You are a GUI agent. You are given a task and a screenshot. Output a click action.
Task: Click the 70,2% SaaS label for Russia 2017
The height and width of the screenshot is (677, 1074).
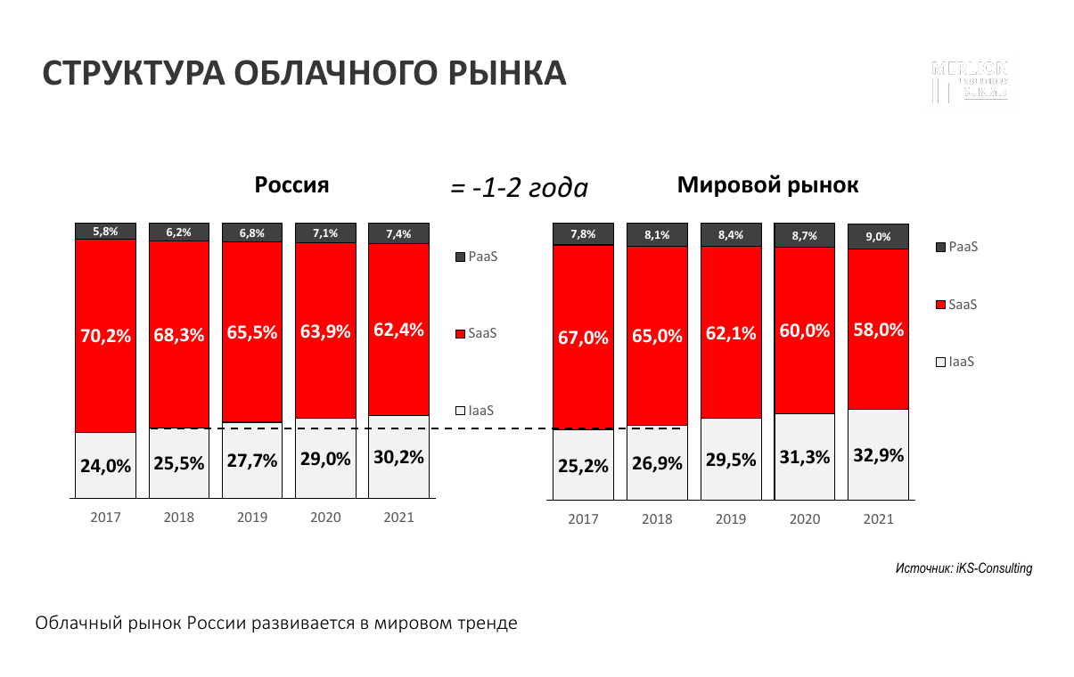tap(106, 336)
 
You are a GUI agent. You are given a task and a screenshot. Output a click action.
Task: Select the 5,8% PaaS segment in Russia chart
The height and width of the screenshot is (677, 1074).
tap(106, 232)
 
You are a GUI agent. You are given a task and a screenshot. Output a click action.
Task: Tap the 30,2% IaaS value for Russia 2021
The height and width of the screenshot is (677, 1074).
tap(398, 457)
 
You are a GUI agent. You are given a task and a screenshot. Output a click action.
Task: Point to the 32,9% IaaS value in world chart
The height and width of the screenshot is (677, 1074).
tap(878, 455)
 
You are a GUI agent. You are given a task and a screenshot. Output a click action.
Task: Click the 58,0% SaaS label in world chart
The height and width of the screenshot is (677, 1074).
tap(878, 330)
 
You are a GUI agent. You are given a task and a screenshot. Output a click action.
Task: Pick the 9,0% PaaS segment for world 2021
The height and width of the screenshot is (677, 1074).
tap(878, 236)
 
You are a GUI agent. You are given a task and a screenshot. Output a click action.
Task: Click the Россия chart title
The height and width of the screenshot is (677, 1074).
tap(291, 185)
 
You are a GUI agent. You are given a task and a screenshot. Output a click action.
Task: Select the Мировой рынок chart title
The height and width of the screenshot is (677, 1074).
tap(767, 185)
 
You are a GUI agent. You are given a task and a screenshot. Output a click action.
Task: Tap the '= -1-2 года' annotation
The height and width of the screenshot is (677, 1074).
tap(519, 188)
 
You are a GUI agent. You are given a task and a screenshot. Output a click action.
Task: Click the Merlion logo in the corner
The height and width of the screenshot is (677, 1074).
tap(970, 80)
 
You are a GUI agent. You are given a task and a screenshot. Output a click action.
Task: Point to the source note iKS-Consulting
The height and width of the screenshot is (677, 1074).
tap(963, 567)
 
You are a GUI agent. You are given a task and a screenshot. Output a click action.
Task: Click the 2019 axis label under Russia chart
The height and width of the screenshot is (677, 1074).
tap(252, 517)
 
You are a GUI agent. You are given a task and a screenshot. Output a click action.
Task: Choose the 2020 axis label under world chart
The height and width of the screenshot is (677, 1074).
tap(805, 519)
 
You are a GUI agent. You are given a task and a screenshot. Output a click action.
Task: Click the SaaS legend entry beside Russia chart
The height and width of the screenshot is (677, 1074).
tap(476, 333)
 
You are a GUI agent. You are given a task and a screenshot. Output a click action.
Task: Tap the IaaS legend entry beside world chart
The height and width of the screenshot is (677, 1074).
tap(955, 363)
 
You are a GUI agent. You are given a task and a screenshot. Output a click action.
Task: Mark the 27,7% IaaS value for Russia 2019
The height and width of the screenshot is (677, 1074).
tap(252, 461)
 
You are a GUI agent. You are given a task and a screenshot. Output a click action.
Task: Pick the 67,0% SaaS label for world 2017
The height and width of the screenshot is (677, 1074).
tap(584, 338)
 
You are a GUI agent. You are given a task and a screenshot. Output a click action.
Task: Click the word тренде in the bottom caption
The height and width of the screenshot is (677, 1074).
tap(489, 623)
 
